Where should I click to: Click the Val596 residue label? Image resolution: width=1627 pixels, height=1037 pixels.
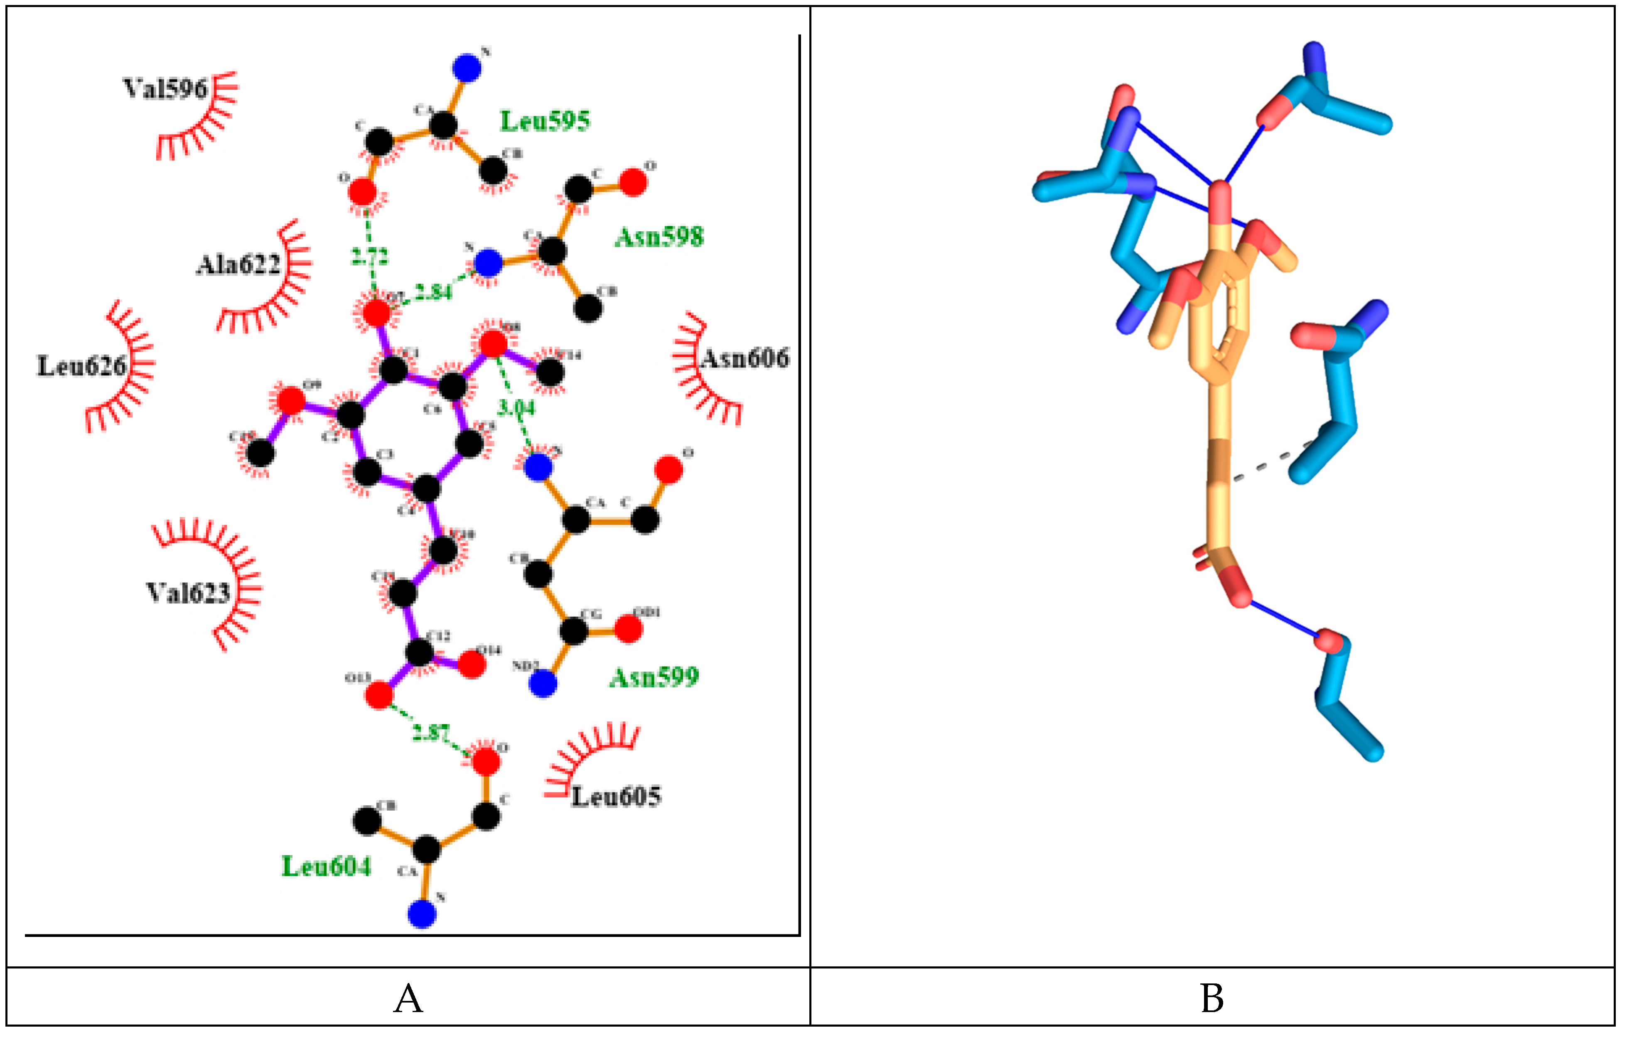coord(165,88)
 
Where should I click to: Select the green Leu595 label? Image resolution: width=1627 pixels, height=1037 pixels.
coord(545,121)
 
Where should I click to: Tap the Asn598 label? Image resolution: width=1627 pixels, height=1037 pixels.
coord(659,237)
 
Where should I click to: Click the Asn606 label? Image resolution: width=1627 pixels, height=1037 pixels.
coord(745,358)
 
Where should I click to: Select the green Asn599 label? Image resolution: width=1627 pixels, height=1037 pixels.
coord(654,677)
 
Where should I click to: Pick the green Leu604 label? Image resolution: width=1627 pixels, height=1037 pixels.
coord(326,866)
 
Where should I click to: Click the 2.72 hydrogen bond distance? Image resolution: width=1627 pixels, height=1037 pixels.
coord(370,257)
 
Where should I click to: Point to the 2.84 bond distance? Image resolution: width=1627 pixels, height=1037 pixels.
coord(433,292)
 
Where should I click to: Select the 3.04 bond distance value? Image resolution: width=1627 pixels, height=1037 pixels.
coord(516,407)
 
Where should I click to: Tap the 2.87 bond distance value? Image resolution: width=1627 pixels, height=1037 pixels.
coord(430,732)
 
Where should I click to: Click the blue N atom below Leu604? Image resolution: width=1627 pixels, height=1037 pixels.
coord(422,915)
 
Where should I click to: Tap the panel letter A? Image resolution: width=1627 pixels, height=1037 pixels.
coord(408,998)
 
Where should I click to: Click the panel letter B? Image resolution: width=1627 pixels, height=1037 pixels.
coord(1212,998)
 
